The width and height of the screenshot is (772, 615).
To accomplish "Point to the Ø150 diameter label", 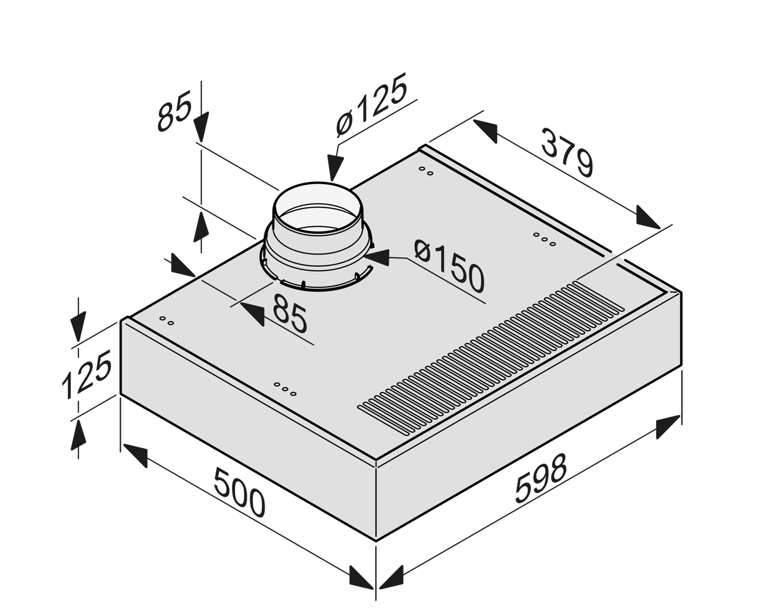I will tap(449, 267).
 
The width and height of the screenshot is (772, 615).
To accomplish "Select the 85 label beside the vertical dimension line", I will tap(174, 112).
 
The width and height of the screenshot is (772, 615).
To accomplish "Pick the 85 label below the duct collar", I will tap(290, 314).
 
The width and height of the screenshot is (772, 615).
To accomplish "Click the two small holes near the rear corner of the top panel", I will tap(426, 171).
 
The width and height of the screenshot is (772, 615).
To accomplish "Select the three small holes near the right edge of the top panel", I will tap(544, 239).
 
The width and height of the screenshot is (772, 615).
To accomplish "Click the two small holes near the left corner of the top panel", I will tap(167, 321).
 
